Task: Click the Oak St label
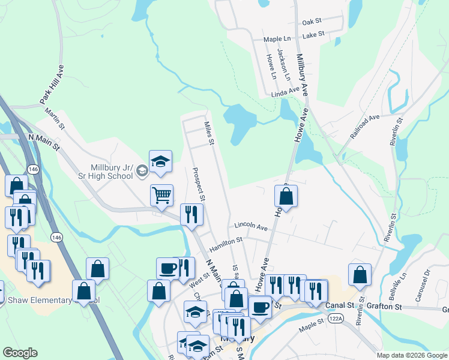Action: [x=312, y=22]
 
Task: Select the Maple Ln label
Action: [x=277, y=40]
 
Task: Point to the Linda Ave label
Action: [x=285, y=91]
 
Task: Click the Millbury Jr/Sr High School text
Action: [x=111, y=172]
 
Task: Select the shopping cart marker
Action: [x=161, y=194]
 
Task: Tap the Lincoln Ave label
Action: [x=251, y=227]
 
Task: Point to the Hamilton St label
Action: [x=226, y=244]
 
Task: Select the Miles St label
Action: [x=209, y=134]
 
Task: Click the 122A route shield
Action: [x=336, y=319]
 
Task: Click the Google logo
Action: [x=20, y=353]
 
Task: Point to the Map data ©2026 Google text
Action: [x=412, y=355]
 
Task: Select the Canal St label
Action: [x=338, y=305]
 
